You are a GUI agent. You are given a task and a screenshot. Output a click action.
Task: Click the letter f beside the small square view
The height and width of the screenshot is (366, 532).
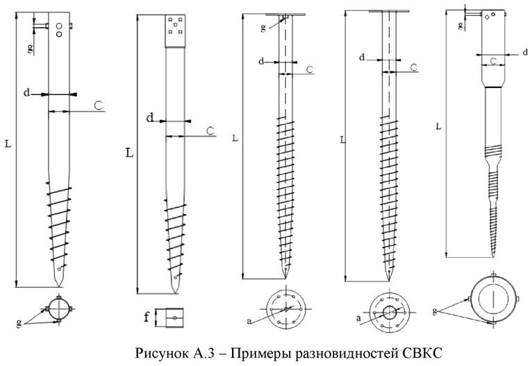[147, 319]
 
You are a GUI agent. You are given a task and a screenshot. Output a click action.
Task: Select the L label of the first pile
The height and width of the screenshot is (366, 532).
[8, 143]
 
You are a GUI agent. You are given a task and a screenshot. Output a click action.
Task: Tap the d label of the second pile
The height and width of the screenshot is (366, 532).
[149, 118]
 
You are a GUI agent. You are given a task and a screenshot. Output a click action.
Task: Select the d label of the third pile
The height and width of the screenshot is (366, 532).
[261, 62]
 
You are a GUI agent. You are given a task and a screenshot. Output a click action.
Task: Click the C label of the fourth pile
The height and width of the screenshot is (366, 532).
[413, 67]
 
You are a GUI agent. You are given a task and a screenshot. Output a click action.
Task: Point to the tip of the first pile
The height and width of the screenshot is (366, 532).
[60, 284]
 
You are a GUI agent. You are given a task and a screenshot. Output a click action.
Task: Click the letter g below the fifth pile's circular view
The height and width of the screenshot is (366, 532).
[434, 311]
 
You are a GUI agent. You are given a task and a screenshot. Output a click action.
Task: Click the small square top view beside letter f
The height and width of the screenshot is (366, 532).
[170, 318]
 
